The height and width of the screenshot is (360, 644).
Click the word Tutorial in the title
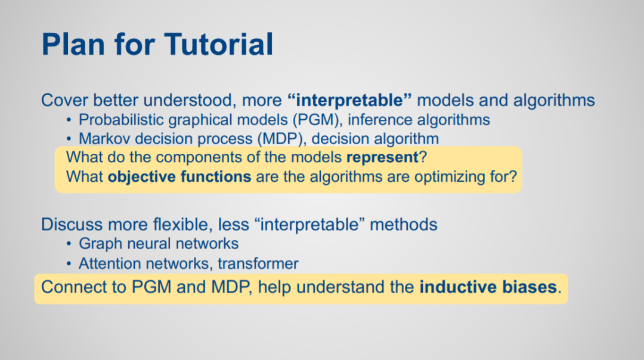pos(219,44)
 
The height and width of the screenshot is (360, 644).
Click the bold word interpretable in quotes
pos(349,100)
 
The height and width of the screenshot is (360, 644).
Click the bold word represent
pos(382,157)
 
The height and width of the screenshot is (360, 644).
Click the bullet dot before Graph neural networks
pos(69,244)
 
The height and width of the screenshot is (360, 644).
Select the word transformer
pos(258,263)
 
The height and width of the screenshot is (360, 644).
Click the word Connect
pos(70,287)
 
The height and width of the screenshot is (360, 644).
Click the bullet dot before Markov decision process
pos(69,139)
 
